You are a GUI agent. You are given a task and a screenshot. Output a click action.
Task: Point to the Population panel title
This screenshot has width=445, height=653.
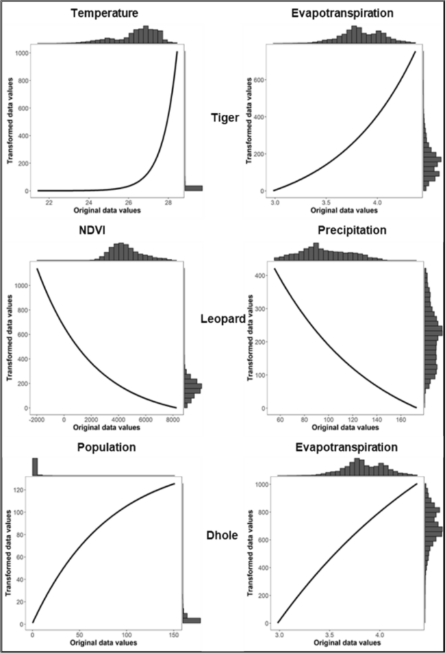105,449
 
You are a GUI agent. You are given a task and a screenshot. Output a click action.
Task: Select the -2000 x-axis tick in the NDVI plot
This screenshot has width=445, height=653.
37,419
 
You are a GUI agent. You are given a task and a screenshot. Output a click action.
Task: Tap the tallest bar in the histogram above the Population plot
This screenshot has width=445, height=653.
35,466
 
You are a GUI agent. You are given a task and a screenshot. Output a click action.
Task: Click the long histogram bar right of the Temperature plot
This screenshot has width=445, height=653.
193,188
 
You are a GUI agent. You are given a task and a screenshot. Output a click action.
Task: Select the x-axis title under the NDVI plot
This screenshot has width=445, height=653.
105,428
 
